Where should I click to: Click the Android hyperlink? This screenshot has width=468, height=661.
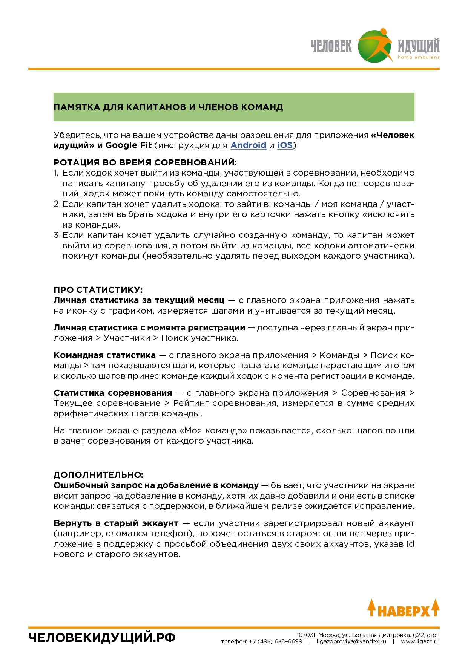coord(248,145)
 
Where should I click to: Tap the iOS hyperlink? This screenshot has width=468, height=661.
coord(285,145)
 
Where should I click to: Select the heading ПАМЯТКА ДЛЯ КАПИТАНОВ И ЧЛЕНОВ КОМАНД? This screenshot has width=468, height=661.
coord(168,107)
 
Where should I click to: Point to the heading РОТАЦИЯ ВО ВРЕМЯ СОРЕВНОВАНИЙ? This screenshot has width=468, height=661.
coord(145,163)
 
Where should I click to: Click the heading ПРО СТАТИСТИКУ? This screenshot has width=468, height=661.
coord(98,290)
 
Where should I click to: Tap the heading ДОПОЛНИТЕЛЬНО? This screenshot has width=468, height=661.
coord(98,475)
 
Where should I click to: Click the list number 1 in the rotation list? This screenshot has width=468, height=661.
coord(56,173)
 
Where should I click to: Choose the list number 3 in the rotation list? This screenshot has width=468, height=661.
coord(56,235)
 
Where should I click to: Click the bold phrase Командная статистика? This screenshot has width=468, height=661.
coord(104,355)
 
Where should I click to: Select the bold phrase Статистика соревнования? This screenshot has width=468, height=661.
coord(113,393)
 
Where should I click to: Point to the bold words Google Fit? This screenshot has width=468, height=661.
coord(128,145)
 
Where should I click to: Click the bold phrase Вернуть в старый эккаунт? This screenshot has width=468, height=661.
coord(116,523)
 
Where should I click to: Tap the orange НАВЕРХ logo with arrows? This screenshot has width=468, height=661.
coord(404,608)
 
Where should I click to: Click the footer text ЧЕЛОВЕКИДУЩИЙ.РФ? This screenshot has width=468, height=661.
coord(102,638)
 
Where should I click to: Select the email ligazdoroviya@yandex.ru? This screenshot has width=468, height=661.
coord(351,641)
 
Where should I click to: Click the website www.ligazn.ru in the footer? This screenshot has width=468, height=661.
coord(420,641)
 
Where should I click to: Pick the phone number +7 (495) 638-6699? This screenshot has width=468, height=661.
coord(275,641)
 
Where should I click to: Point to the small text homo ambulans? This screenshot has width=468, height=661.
coord(419,57)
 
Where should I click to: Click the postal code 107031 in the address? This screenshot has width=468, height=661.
coord(306,635)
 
